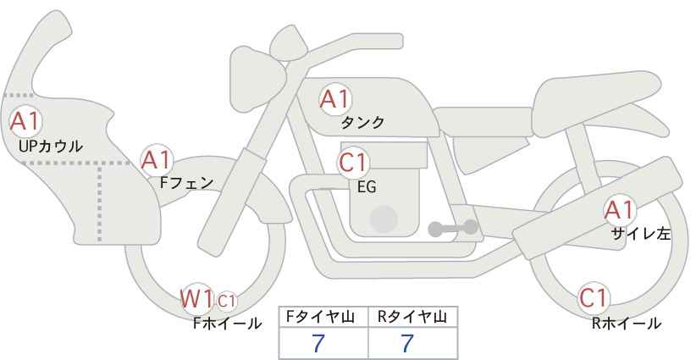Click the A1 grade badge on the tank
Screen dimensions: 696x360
(x=335, y=99)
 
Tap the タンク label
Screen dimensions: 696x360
(x=362, y=123)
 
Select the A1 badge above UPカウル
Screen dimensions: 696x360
(x=25, y=121)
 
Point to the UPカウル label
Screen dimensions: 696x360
(x=51, y=146)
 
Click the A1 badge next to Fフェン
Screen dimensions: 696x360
(x=157, y=160)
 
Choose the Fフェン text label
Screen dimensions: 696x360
(x=186, y=183)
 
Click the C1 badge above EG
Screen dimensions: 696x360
(x=353, y=163)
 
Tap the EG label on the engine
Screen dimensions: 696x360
(x=367, y=187)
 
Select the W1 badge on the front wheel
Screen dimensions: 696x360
(x=197, y=299)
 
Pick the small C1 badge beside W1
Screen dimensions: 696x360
(x=226, y=301)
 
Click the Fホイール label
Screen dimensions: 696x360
(x=227, y=324)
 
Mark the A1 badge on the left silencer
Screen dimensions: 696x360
(x=620, y=210)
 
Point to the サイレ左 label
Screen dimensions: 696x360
(x=640, y=234)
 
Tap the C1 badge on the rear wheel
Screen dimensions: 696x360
(x=594, y=298)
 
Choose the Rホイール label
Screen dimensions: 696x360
(x=627, y=324)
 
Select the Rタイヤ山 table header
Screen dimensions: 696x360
(x=412, y=317)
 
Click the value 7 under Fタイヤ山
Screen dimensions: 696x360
(x=318, y=344)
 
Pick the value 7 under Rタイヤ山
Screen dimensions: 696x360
(x=407, y=344)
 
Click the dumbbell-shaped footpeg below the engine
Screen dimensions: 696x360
(x=453, y=228)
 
